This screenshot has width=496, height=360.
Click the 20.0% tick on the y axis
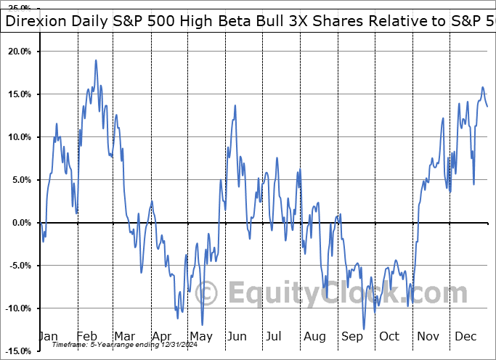(19, 52)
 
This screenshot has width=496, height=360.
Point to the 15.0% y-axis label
(19, 95)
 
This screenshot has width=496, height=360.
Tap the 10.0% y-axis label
(19, 138)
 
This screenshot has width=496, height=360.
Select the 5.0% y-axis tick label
(21, 180)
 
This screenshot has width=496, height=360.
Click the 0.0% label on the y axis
(21, 223)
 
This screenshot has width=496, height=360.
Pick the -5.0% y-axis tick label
(20, 266)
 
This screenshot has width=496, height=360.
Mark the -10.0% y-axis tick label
(17, 308)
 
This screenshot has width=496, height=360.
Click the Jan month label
(47, 337)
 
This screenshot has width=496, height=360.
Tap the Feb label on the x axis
(86, 337)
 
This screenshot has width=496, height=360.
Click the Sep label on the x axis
(351, 337)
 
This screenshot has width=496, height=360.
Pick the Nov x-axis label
(427, 337)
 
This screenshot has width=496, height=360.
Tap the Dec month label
(465, 337)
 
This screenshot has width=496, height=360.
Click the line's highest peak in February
(96, 60)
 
